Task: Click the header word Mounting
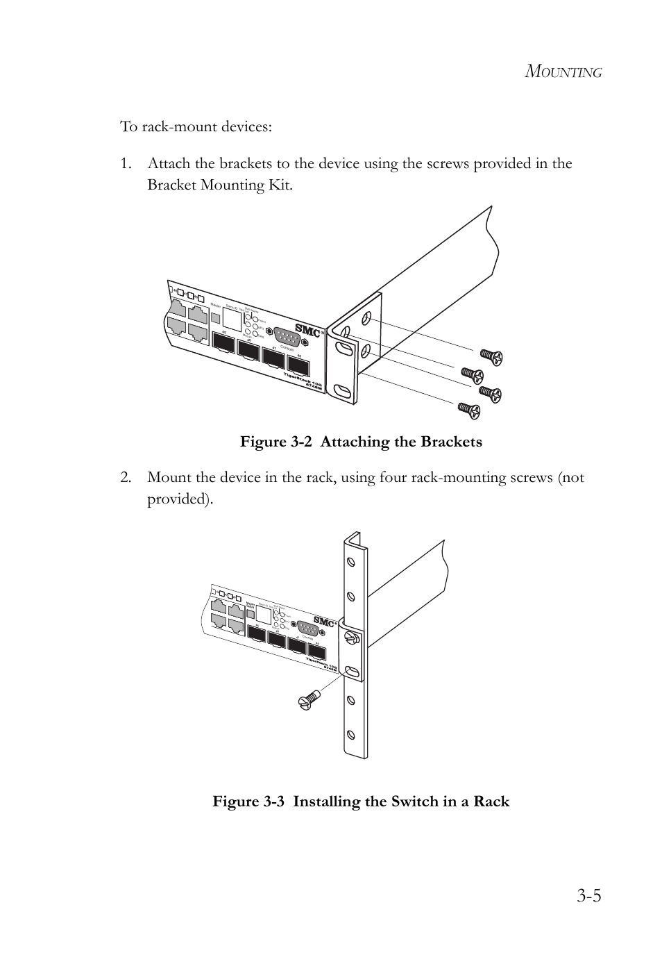click(563, 72)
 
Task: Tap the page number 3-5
click(588, 896)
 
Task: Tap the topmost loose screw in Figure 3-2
click(491, 357)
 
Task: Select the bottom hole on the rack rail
click(351, 733)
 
